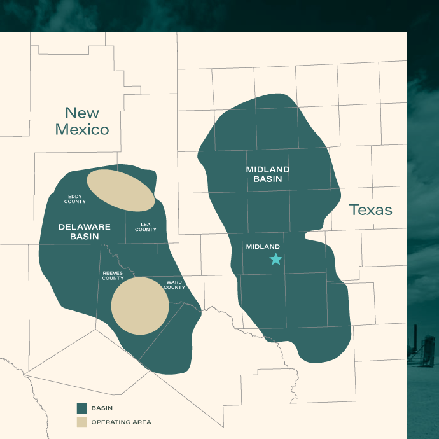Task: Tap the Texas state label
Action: coord(370,210)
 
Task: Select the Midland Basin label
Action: coord(268,174)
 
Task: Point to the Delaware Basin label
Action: coord(85,232)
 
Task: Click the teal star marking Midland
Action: coord(275,259)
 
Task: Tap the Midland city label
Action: coord(263,247)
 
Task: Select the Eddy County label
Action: coord(75,199)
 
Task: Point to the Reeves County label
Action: coord(113,275)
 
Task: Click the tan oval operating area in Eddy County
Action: coord(120,190)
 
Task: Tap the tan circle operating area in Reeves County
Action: coord(140,305)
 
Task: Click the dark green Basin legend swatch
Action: coord(81,408)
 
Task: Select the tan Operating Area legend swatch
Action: coord(81,422)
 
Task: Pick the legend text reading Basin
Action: coord(102,408)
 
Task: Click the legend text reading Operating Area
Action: coord(122,422)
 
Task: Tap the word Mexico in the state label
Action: coord(82,130)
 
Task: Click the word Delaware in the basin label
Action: coord(85,226)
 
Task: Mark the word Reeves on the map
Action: coord(113,273)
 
